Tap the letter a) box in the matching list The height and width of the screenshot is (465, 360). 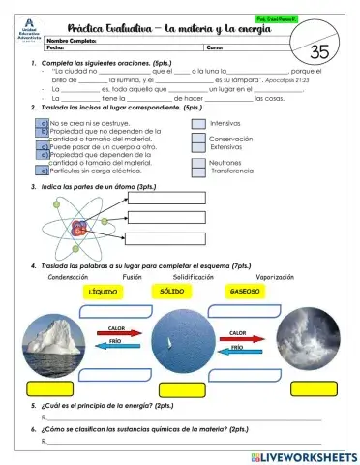(x=45, y=124)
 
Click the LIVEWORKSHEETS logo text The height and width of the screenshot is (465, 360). (x=309, y=455)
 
